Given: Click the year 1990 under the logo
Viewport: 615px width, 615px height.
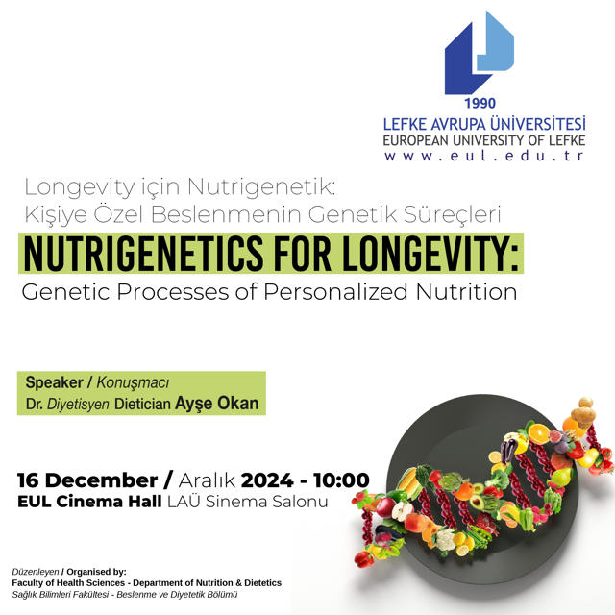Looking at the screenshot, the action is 480,103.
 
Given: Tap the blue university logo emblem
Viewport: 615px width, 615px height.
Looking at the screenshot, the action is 479,53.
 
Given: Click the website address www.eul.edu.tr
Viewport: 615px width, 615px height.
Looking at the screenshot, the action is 484,156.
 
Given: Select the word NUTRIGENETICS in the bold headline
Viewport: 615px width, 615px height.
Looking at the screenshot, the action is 143,253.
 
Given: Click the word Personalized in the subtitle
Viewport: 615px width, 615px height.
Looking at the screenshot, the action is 335,292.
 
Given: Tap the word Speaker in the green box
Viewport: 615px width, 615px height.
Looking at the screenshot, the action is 54,382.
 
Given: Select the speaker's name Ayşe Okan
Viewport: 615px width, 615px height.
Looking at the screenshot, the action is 217,404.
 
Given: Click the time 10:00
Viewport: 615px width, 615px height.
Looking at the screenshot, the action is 341,480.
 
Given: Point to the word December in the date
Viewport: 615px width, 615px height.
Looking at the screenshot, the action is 104,480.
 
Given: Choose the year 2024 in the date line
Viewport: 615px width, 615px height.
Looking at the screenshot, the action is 267,480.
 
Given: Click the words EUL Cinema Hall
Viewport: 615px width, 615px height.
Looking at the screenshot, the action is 89,502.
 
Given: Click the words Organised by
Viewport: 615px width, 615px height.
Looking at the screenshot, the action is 96,572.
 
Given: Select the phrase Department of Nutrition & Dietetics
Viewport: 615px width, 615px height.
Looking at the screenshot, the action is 208,583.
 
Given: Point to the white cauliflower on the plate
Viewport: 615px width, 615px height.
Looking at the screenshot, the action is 445,539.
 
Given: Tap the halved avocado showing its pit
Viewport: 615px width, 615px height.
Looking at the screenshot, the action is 477,502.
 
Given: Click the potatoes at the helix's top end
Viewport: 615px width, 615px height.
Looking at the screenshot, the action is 583,412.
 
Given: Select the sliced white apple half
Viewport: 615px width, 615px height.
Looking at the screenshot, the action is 403,511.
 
